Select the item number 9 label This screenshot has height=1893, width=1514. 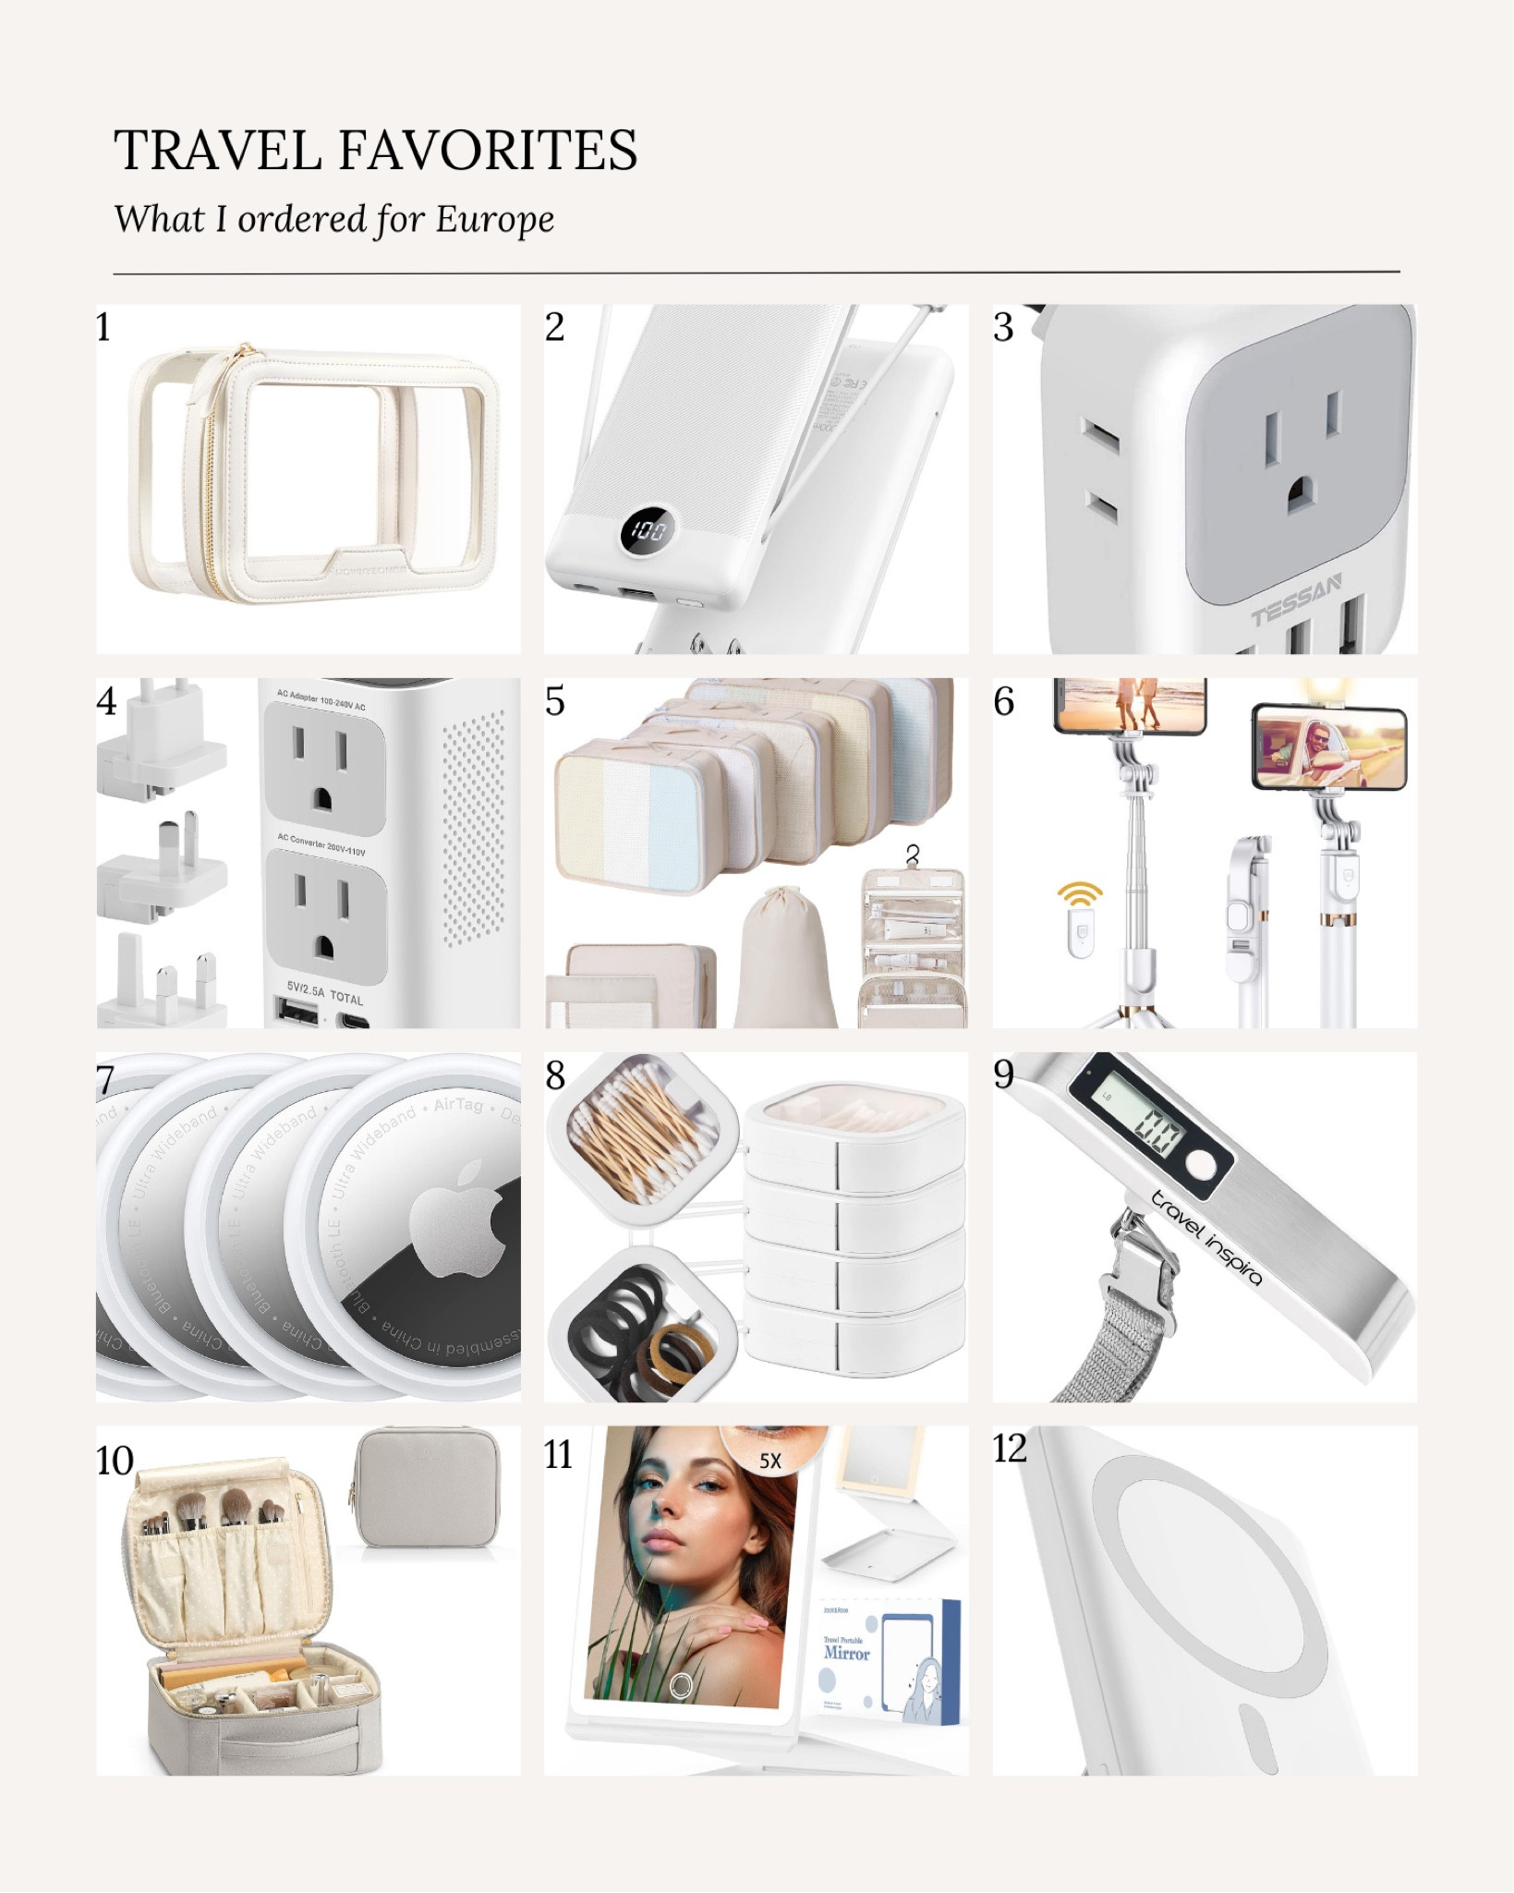[x=1003, y=1074]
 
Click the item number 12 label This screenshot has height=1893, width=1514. [x=1009, y=1448]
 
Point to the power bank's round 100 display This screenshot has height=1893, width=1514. [x=648, y=530]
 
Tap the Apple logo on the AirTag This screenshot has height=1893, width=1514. [x=459, y=1218]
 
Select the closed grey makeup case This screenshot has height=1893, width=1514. [x=428, y=1487]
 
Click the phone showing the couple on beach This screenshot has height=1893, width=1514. [x=1130, y=705]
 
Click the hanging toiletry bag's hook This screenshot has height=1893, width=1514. [x=913, y=855]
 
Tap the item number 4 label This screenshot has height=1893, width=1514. [x=106, y=701]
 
